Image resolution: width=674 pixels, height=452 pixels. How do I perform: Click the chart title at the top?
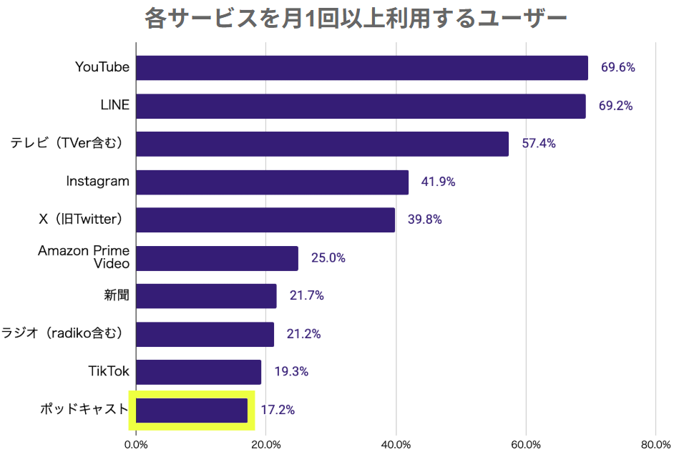[x=356, y=18]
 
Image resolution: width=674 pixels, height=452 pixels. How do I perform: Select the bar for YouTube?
[x=361, y=68]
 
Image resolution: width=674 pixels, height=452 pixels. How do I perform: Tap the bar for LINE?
[x=360, y=106]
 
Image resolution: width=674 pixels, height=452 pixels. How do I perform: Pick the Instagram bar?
[x=272, y=182]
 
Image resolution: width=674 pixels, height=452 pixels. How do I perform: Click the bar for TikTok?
[x=198, y=372]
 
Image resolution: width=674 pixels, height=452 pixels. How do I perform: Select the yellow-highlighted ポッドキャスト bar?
[x=192, y=411]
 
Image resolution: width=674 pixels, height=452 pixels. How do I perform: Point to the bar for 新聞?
[x=206, y=296]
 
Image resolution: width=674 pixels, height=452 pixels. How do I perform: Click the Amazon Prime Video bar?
[x=217, y=258]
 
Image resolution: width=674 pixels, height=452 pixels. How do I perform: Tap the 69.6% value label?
[x=617, y=68]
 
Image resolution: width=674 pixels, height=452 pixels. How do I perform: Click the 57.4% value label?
[x=538, y=144]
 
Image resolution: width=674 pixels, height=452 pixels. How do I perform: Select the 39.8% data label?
[x=424, y=220]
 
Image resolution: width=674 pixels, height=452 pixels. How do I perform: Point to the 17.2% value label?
[x=277, y=411]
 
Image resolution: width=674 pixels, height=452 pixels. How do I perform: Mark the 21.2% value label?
[x=303, y=334]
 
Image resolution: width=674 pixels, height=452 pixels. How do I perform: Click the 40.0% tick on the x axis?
[x=396, y=444]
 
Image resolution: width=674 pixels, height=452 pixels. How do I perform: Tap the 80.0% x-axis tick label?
[x=655, y=444]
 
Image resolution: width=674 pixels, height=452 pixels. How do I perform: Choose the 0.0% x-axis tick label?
[x=136, y=444]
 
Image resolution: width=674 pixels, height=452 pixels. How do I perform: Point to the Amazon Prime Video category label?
[x=84, y=257]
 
